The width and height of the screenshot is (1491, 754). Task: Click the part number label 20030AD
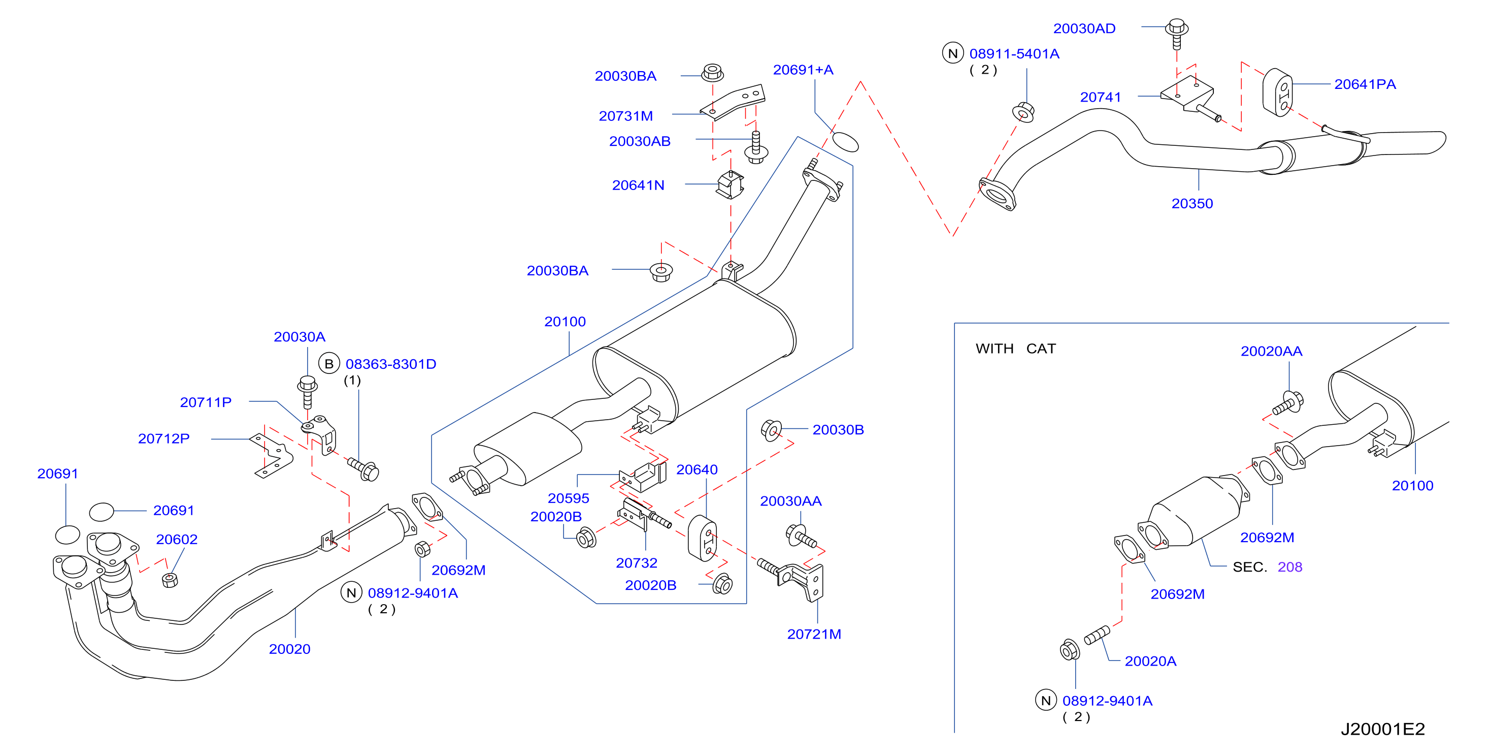[x=1084, y=28]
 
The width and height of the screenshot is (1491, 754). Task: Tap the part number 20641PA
[x=1365, y=84]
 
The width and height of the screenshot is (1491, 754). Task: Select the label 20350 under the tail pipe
[x=1192, y=204]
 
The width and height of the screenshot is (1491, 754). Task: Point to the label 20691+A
[x=803, y=70]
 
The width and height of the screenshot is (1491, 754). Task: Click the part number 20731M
[x=625, y=116]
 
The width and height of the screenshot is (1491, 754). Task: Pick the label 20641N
[x=638, y=185]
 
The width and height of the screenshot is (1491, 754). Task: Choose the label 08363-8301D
[x=391, y=364]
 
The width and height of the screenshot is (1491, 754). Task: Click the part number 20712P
[x=164, y=439]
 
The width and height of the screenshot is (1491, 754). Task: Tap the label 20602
[x=177, y=540]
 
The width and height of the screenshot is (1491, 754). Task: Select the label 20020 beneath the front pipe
[x=289, y=649]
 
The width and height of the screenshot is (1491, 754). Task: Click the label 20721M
[x=814, y=634]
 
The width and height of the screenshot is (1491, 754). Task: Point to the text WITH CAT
[x=1016, y=349]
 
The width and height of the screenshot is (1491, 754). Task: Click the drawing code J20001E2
[x=1383, y=729]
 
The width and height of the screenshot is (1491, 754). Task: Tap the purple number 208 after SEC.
[x=1289, y=567]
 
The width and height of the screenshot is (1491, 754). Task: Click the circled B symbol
[x=329, y=364]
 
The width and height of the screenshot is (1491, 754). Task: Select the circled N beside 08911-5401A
[x=953, y=53]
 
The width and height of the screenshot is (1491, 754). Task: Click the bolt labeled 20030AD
[x=1177, y=34]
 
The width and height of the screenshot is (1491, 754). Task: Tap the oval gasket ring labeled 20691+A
[x=845, y=141]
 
